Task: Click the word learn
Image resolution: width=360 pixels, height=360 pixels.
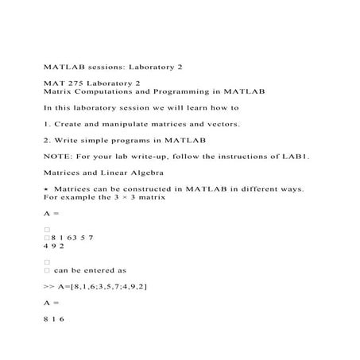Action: (202, 106)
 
